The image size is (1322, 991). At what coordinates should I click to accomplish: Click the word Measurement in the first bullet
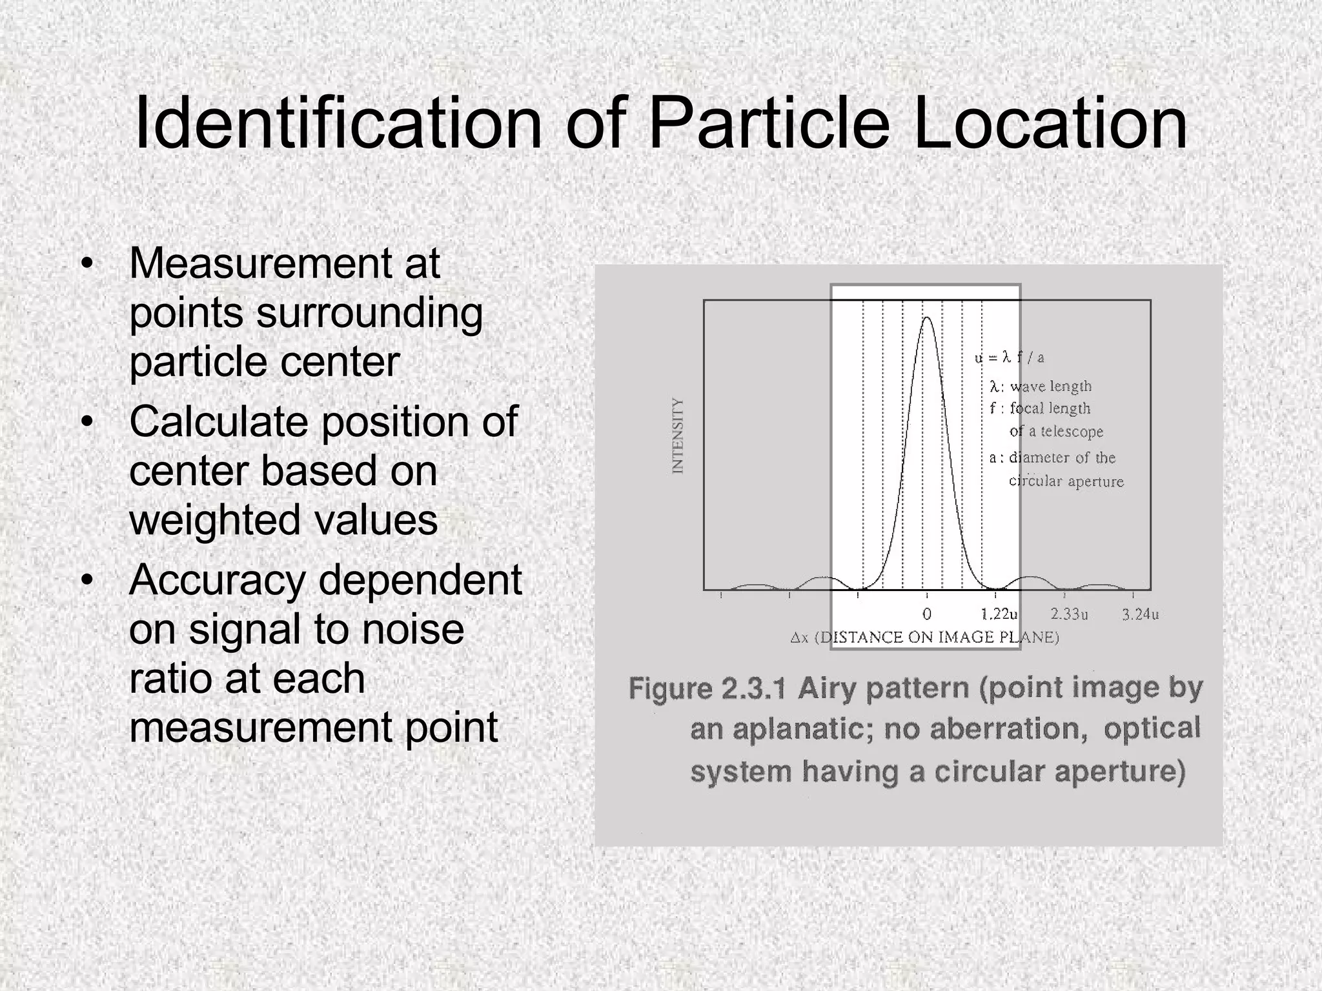coord(259,263)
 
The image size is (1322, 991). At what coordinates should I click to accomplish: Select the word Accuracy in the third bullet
coord(217,580)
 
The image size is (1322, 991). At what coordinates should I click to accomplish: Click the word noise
coord(412,629)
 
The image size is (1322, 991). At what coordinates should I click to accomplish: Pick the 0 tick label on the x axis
coord(927,614)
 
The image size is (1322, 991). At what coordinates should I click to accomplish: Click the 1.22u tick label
coord(999,614)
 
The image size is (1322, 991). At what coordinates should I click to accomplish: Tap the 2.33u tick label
coord(1069,614)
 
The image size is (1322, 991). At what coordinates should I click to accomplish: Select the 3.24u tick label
coord(1141,614)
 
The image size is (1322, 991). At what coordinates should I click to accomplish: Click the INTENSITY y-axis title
coord(677,435)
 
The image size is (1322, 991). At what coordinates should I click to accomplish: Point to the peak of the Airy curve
coord(927,317)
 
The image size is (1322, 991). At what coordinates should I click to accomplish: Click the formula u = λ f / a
coord(1010,357)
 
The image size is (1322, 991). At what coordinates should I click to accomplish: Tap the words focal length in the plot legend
coord(1050,408)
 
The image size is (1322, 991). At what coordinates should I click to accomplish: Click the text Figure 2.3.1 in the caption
coord(707,689)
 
